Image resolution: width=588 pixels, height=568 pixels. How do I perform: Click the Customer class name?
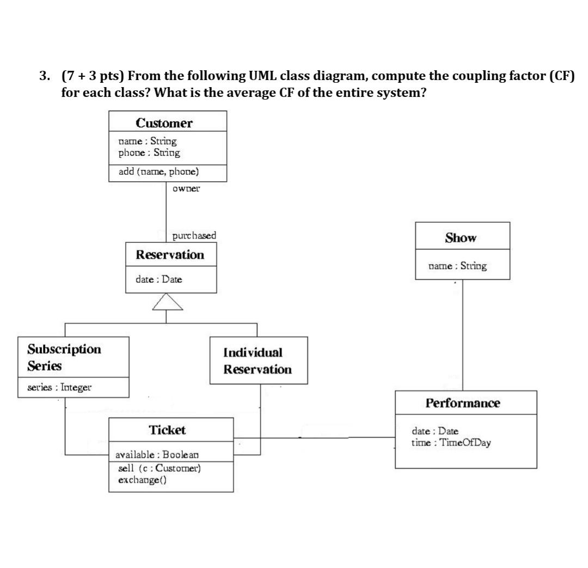164,123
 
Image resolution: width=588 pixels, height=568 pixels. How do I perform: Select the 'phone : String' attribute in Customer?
149,152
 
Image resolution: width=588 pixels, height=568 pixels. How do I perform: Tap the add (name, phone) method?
158,172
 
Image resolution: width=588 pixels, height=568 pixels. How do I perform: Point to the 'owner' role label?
186,188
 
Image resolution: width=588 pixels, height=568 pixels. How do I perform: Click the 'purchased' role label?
194,236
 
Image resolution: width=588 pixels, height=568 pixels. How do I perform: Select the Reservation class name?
170,255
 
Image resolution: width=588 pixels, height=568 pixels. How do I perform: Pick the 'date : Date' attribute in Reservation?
158,279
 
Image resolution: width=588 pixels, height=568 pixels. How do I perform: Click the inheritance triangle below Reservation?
167,302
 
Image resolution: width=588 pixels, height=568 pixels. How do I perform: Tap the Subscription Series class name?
64,357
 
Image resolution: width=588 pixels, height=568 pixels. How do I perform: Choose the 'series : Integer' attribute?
60,388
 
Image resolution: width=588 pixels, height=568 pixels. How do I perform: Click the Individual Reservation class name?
258,361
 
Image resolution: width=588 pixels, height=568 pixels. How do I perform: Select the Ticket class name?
167,430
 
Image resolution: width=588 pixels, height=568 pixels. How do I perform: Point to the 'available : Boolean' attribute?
157,454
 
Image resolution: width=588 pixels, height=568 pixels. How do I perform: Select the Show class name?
461,238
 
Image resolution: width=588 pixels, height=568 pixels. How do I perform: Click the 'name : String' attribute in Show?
457,266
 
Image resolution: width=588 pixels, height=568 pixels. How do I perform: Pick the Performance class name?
463,403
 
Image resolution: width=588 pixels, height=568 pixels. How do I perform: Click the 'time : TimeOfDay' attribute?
451,442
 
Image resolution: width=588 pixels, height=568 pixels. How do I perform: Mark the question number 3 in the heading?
44,76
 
